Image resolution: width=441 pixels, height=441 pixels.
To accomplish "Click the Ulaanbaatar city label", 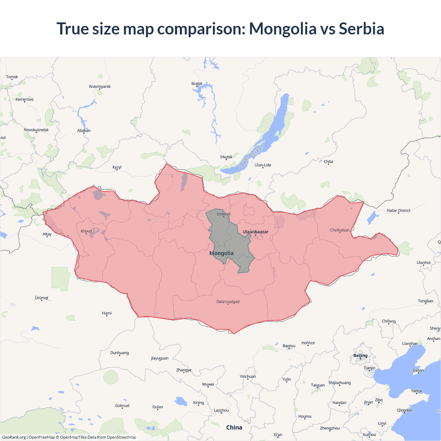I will pos(255,232).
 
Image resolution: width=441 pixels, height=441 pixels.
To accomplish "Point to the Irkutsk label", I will pos(226,157).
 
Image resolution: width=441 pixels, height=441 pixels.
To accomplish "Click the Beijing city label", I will pos(360,356).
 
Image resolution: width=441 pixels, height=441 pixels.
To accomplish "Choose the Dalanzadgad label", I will pos(228,302).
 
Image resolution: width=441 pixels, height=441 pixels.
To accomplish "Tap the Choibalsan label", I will pos(340,230).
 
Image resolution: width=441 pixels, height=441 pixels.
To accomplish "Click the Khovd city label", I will pos(86,231).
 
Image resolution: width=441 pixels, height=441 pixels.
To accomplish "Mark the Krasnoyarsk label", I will pos(100,86).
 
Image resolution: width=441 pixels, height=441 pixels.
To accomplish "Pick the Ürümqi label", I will pos(41,298).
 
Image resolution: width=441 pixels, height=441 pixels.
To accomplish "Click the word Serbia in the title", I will pos(361,29).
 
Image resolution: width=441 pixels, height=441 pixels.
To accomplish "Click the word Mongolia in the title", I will pos(283,29).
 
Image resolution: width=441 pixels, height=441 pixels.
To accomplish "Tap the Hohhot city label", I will pos(308,343).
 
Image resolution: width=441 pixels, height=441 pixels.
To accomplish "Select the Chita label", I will pos(328,162).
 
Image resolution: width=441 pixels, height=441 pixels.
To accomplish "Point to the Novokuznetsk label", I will pos(36,130).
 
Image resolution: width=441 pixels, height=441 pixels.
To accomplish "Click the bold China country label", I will pos(234,428).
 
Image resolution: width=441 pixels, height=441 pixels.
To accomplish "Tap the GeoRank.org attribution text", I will pos(14,437).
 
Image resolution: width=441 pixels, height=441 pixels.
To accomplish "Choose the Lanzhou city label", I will pos(221,410).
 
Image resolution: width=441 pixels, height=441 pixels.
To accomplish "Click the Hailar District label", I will pos(398,211).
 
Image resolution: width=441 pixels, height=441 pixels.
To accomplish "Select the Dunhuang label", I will pos(120,353).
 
